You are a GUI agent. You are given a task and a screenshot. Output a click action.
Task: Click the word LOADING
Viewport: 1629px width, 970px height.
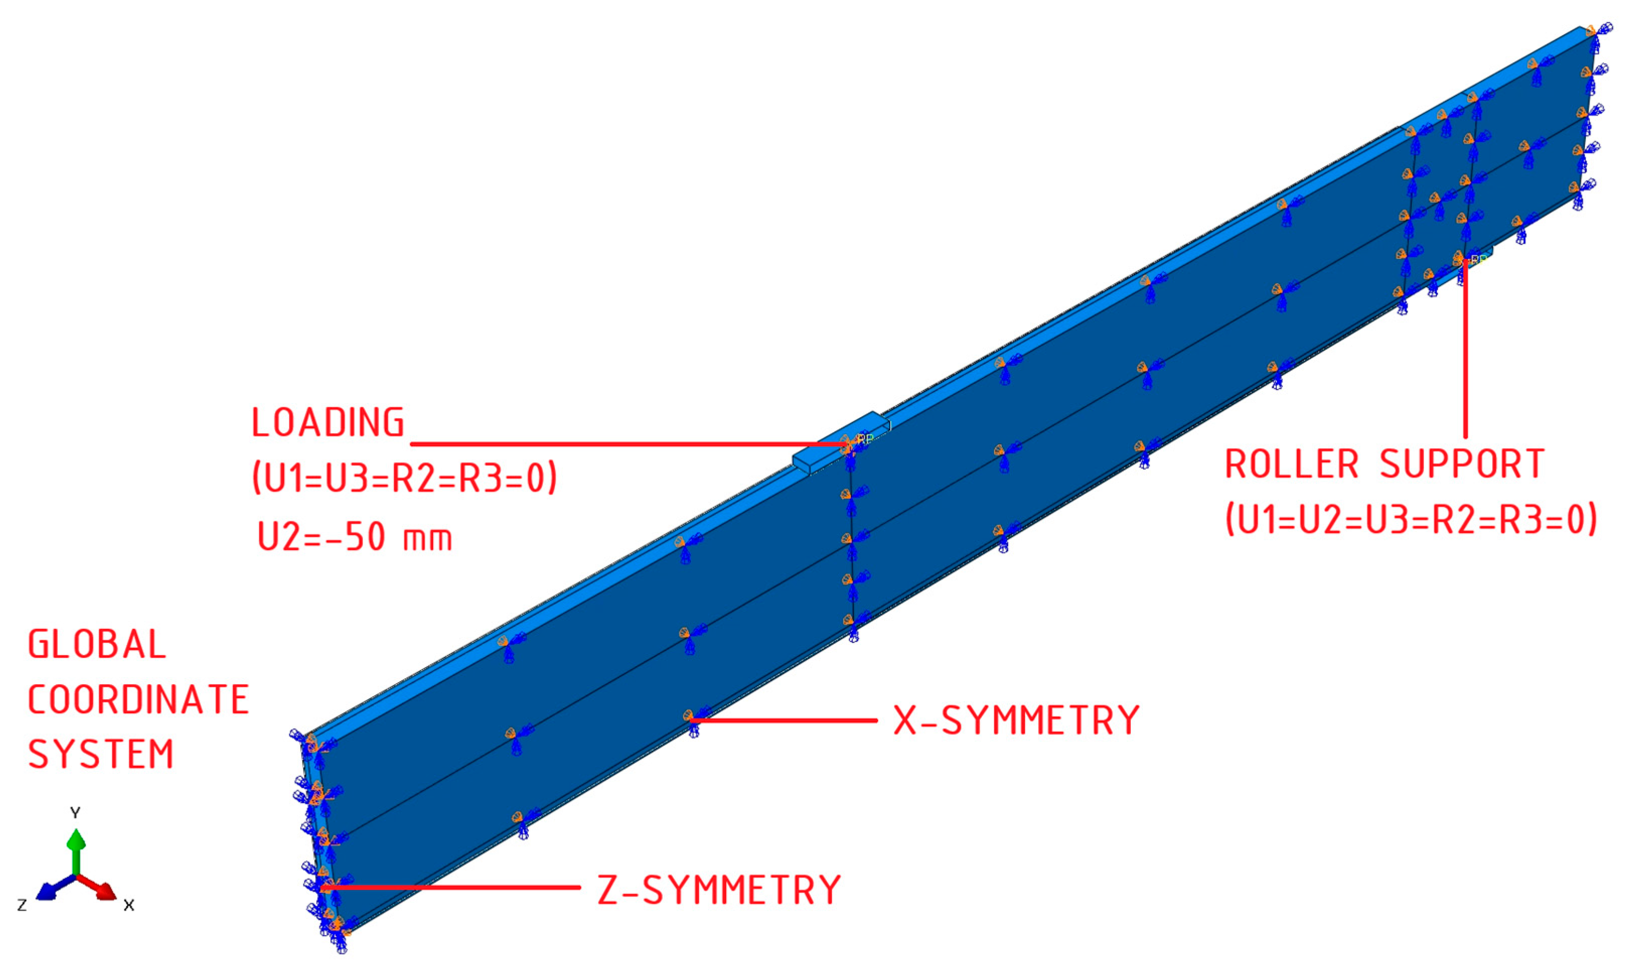(x=328, y=423)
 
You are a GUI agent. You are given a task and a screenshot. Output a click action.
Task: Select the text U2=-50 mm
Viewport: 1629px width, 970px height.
(x=355, y=538)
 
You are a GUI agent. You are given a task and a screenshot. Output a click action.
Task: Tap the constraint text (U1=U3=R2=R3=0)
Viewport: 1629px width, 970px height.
(x=405, y=478)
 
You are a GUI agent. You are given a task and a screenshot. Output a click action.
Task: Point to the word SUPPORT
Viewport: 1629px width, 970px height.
(x=1463, y=465)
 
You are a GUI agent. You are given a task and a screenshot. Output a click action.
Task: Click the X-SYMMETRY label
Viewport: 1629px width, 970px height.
(x=1017, y=720)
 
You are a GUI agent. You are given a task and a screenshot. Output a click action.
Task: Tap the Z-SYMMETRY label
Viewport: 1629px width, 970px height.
(x=719, y=890)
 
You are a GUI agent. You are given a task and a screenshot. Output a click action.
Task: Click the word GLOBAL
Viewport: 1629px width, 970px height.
(x=97, y=644)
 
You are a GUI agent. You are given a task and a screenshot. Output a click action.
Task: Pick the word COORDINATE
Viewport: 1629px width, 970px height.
(x=138, y=699)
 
